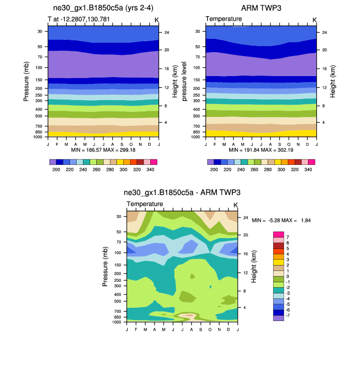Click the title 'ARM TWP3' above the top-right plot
[x=261, y=8]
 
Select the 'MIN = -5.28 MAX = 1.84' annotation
[x=281, y=220]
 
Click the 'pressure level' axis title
[x=185, y=81]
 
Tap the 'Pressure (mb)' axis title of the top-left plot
[x=27, y=81]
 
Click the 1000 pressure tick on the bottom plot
[x=117, y=322]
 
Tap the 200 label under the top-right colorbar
[x=214, y=169]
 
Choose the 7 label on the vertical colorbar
[x=287, y=237]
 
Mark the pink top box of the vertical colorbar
[x=278, y=234]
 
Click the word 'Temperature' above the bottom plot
[x=145, y=204]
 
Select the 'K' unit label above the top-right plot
[x=314, y=20]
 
